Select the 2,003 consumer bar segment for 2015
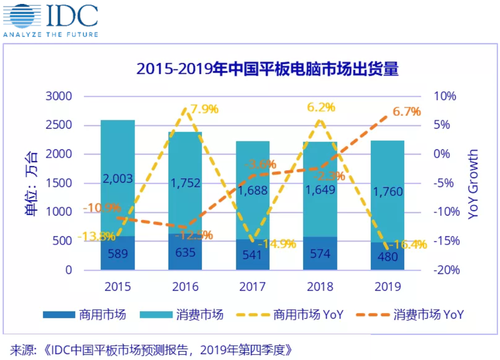pyautogui.click(x=118, y=179)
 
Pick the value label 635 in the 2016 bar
pyautogui.click(x=185, y=253)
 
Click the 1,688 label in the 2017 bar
pyautogui.click(x=253, y=190)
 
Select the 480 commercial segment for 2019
pyautogui.click(x=388, y=256)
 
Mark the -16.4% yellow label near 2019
pyautogui.click(x=407, y=244)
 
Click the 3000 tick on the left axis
pyautogui.click(x=58, y=96)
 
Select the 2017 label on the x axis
pyautogui.click(x=252, y=286)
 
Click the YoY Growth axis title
pyautogui.click(x=472, y=184)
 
